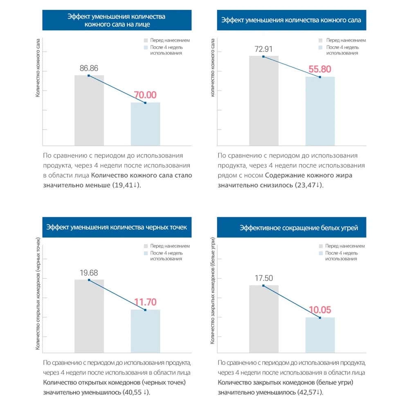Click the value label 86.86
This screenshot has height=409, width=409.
tap(89, 68)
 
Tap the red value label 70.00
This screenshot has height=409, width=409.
tap(145, 95)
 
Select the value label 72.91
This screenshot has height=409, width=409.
tap(263, 49)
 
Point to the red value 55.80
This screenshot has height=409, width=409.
tap(320, 69)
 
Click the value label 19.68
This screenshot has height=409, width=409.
tap(89, 273)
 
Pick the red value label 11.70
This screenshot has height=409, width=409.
tap(145, 302)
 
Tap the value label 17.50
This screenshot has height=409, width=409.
tap(264, 278)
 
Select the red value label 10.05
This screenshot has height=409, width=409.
tap(320, 310)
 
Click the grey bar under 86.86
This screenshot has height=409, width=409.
tap(89, 110)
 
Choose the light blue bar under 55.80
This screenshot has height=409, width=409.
tap(320, 111)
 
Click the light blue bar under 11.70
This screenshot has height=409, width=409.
tap(145, 331)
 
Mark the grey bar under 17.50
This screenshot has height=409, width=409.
tap(264, 319)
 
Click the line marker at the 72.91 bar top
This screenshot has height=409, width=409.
tap(263, 56)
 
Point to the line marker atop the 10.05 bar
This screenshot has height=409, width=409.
tap(320, 318)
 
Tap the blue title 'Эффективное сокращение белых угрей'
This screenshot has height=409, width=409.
tap(299, 228)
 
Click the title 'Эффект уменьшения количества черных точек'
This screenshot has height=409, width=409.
tap(117, 227)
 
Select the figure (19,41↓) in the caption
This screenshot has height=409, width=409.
tap(126, 185)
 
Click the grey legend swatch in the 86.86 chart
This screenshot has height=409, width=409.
tap(146, 40)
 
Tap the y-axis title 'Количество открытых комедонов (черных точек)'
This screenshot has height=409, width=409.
tap(38, 294)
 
